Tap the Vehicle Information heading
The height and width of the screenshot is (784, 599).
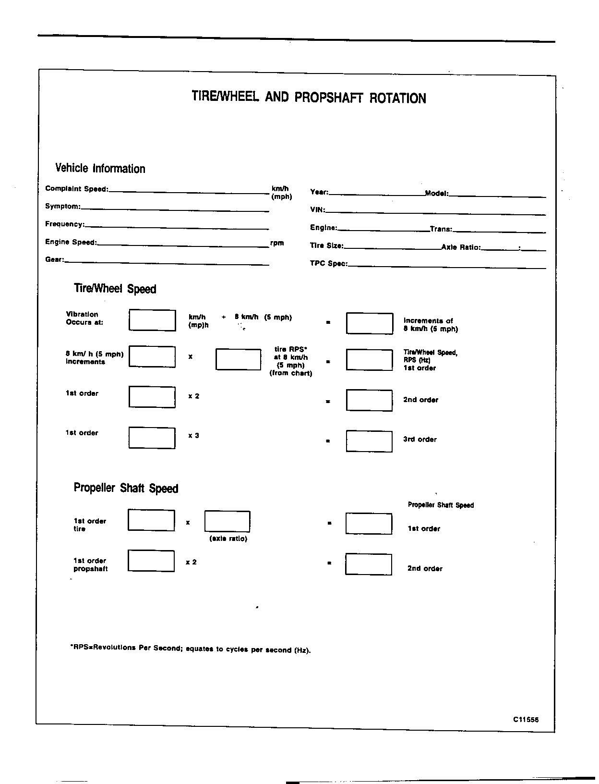click(x=100, y=168)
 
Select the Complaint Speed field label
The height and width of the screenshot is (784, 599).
click(x=76, y=189)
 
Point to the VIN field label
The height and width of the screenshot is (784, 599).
click(x=317, y=210)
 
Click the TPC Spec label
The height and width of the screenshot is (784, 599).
click(x=328, y=264)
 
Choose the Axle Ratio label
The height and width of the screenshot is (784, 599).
click(x=460, y=247)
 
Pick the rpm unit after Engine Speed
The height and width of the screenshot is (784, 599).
click(x=277, y=243)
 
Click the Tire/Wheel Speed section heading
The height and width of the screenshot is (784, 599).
click(x=115, y=289)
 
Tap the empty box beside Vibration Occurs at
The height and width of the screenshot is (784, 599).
click(x=152, y=320)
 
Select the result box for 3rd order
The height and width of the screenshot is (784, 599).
click(x=369, y=441)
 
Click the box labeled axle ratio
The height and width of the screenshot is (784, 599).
click(x=227, y=521)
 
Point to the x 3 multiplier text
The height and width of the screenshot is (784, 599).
click(x=193, y=436)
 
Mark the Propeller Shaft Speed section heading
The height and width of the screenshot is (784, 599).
click(x=126, y=488)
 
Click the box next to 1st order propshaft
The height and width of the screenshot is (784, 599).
click(x=151, y=561)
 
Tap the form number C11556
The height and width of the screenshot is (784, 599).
click(x=526, y=720)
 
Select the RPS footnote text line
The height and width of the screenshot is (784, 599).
click(x=191, y=649)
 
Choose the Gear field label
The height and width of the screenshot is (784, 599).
click(x=54, y=260)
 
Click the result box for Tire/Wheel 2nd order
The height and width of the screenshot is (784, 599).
click(x=369, y=400)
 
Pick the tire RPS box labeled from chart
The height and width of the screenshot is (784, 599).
click(x=238, y=359)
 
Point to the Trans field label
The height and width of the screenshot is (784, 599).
click(x=441, y=229)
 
